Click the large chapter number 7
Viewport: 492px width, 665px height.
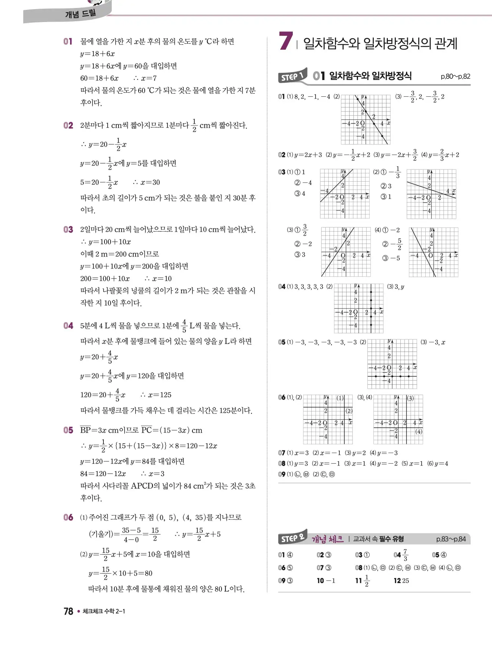click(x=286, y=41)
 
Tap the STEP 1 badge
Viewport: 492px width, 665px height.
click(x=292, y=76)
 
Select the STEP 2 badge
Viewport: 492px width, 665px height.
click(x=292, y=538)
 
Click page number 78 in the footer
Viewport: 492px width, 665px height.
click(x=68, y=611)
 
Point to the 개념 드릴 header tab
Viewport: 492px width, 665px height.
click(x=80, y=14)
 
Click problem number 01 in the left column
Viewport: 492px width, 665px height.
click(x=68, y=41)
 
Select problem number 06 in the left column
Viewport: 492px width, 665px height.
click(x=68, y=517)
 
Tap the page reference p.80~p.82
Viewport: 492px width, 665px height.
click(x=455, y=76)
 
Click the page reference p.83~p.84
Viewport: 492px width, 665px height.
click(x=451, y=539)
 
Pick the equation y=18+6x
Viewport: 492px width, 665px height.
click(x=97, y=54)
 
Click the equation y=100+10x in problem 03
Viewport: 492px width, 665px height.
click(x=109, y=242)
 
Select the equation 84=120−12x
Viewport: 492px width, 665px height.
click(x=103, y=474)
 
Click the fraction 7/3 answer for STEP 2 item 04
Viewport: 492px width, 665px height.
click(x=405, y=555)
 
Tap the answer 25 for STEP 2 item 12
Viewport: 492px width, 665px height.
click(x=405, y=580)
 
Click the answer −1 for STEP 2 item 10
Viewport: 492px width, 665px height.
click(x=331, y=580)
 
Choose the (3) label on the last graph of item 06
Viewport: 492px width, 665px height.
click(x=410, y=398)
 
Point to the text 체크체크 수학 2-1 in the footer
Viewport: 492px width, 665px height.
click(x=104, y=611)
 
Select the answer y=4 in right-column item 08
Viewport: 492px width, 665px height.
click(x=441, y=463)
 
